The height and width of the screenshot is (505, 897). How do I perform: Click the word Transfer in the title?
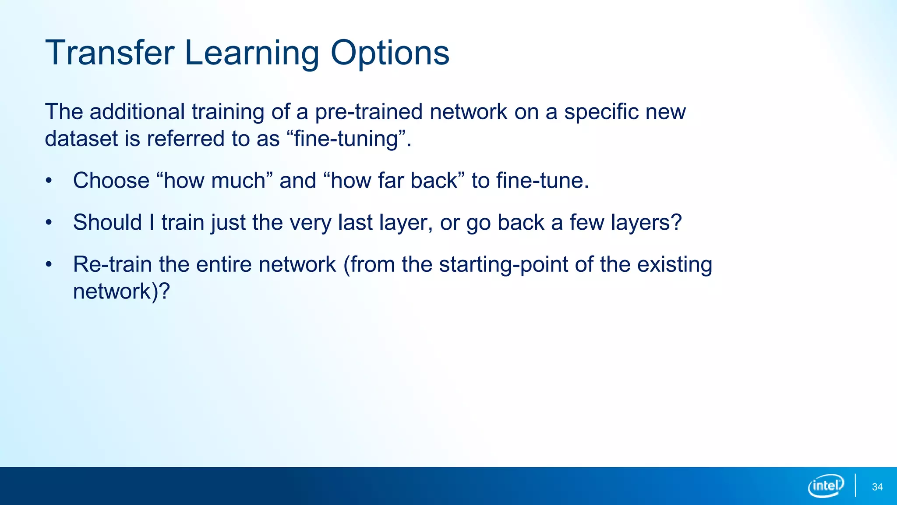(x=109, y=53)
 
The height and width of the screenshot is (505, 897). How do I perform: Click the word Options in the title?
(x=389, y=53)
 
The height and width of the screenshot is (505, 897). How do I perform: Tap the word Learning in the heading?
(x=252, y=53)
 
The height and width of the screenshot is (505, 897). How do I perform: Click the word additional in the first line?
(x=137, y=112)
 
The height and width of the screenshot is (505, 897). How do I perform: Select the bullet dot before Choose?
(x=49, y=181)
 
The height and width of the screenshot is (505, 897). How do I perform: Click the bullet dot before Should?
(x=49, y=223)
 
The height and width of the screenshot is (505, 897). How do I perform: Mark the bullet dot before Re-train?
(x=49, y=264)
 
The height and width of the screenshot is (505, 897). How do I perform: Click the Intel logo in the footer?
(x=826, y=486)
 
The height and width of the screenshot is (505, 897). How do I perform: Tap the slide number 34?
(x=877, y=487)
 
